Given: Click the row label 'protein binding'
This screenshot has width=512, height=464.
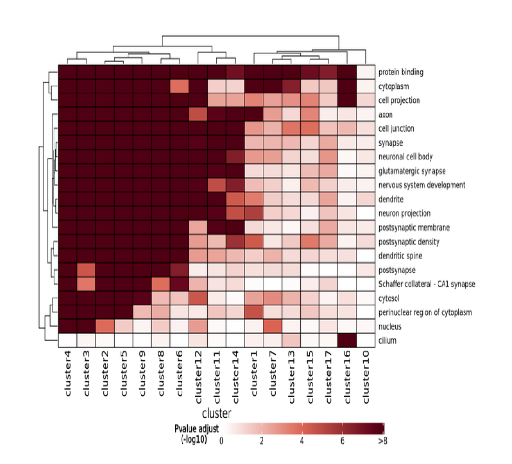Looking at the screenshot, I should [401, 72].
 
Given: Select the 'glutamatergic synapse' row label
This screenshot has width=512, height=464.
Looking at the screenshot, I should [411, 171].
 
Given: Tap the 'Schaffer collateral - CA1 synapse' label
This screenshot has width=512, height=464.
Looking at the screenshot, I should [427, 284].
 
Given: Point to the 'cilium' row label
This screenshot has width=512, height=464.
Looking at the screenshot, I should [388, 341].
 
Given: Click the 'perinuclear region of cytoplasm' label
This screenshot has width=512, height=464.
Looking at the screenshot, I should [425, 312].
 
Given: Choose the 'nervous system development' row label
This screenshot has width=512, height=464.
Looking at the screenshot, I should [422, 185].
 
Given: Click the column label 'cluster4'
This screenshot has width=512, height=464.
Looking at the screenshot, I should [67, 374].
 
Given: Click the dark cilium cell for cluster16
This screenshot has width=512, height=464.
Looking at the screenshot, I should [347, 341].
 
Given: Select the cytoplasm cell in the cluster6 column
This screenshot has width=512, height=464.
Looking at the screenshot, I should [179, 86].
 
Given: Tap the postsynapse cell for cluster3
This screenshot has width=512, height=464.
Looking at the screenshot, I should [86, 270].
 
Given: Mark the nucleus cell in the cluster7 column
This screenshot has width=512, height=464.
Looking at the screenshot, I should [272, 327].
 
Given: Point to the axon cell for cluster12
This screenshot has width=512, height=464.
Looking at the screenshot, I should [198, 114].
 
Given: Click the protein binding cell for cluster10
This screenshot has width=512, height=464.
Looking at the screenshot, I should [365, 72].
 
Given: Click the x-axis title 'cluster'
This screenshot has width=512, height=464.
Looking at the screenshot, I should [217, 413].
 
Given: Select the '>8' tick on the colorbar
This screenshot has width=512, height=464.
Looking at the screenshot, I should [383, 441].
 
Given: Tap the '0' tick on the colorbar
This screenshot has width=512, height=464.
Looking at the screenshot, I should [221, 441].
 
